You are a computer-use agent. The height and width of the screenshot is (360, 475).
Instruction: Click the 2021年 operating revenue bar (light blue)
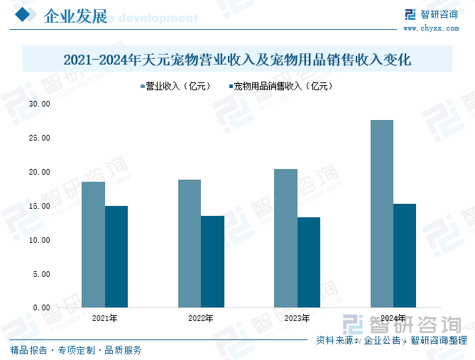93,244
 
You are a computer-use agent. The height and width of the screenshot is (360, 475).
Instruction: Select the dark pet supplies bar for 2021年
116,256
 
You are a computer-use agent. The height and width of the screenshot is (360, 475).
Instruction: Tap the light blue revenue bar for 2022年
189,243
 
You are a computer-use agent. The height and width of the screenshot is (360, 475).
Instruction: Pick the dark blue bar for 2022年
212,261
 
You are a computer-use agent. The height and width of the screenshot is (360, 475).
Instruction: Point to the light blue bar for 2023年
285,238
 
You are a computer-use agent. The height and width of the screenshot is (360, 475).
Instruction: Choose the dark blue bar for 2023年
309,262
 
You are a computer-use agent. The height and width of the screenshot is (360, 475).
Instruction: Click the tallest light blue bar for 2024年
381,213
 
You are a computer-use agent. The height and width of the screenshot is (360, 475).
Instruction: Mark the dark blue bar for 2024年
405,256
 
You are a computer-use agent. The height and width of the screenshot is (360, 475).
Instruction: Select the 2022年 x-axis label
201,318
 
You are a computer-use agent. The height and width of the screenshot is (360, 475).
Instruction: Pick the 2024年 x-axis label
393,318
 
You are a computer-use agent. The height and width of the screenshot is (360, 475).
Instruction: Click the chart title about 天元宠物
237,60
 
